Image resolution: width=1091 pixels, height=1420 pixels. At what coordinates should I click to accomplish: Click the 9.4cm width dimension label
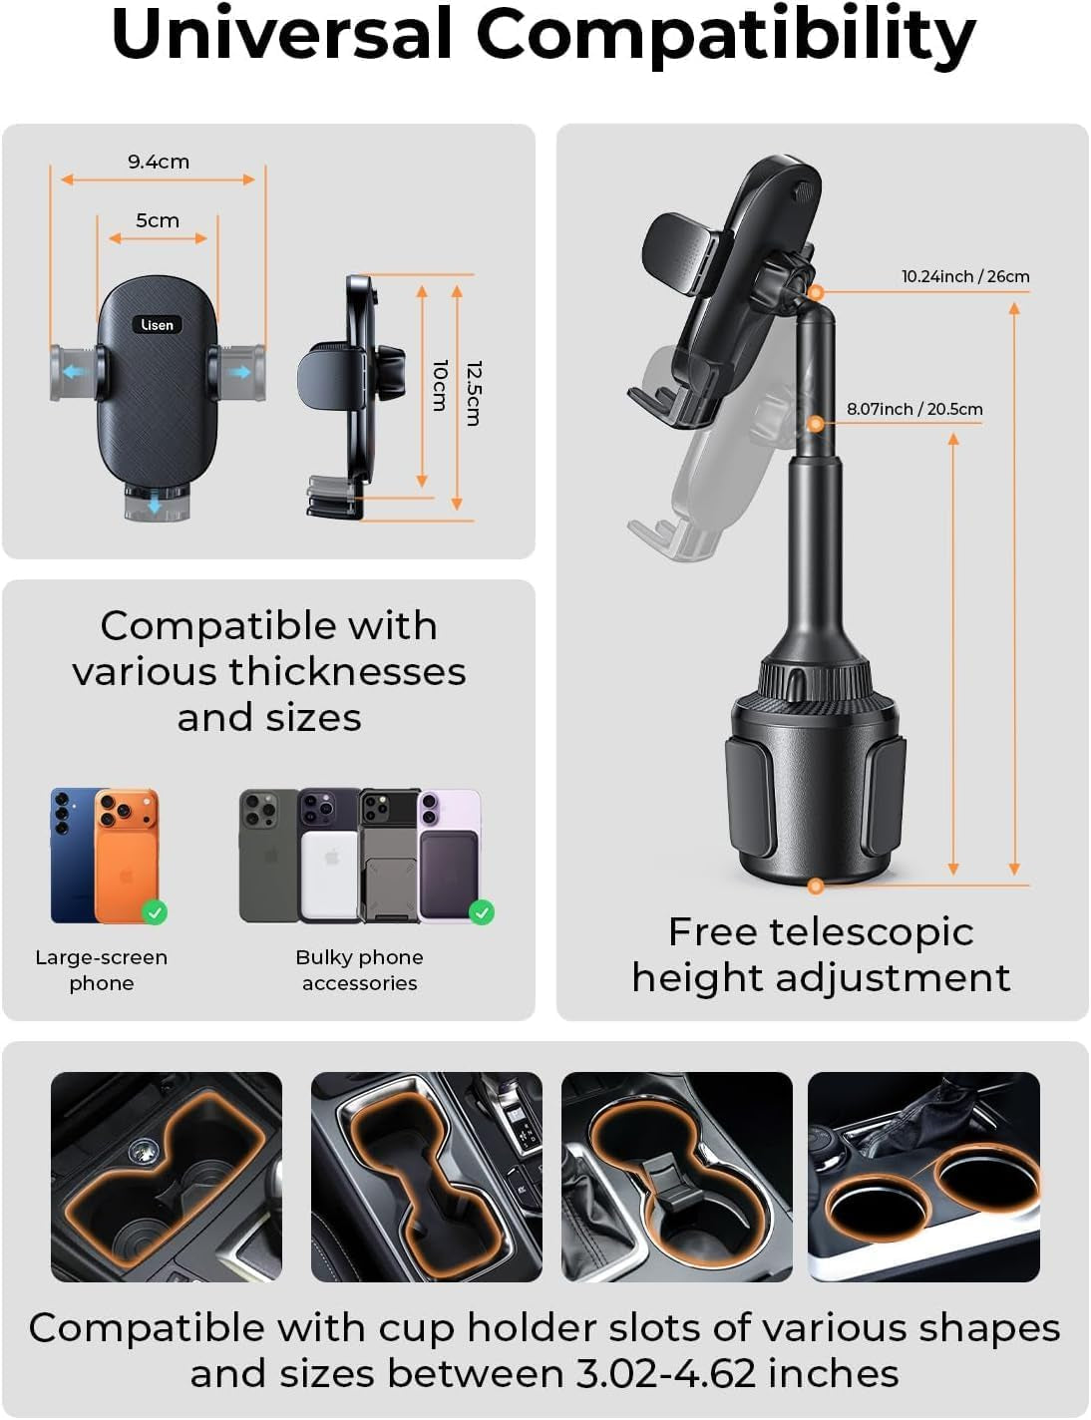click(158, 162)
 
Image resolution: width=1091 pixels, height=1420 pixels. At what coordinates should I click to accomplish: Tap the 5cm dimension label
click(158, 220)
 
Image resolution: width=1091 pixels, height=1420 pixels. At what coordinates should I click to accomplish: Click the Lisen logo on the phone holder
click(158, 325)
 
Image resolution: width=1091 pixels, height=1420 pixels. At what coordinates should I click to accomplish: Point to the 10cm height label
click(439, 385)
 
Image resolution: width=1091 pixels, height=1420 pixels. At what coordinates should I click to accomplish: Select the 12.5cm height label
click(474, 393)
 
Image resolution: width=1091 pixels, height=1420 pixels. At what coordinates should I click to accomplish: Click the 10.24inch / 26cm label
click(964, 276)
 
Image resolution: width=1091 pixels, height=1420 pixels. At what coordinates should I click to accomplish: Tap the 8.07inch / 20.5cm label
click(913, 409)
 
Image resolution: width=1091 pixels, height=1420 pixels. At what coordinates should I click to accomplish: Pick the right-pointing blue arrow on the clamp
click(239, 372)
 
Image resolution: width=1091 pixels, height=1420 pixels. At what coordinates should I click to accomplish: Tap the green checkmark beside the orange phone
click(155, 911)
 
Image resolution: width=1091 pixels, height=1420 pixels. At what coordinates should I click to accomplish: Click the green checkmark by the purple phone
click(482, 911)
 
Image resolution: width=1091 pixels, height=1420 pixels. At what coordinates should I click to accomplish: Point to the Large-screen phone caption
click(101, 970)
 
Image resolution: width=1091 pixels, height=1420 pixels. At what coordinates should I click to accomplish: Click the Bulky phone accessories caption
click(359, 970)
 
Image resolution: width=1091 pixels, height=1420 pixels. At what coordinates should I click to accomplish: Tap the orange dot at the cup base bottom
click(816, 886)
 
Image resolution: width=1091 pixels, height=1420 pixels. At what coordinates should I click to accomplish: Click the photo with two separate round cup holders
click(923, 1177)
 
